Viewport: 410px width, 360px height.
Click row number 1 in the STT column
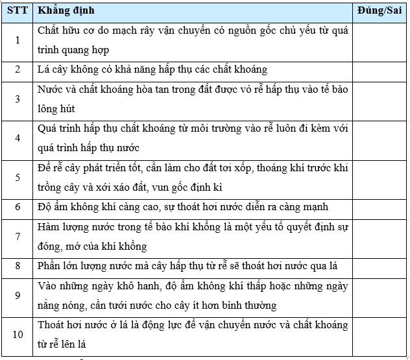pos(18,40)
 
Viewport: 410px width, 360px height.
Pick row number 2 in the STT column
pos(18,69)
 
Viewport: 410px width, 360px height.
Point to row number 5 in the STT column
pos(18,177)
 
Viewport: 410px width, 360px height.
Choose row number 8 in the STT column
pos(18,266)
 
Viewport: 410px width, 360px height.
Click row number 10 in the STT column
pos(18,334)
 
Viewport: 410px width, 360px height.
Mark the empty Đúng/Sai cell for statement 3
pos(380,99)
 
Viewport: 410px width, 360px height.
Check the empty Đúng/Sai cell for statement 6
pos(380,207)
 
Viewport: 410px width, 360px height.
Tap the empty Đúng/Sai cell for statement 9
pos(380,295)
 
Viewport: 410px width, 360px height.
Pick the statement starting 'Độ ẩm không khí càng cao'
pos(182,207)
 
